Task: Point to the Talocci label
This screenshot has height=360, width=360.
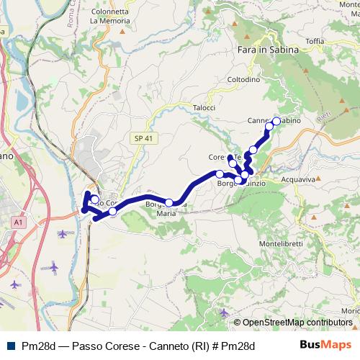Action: click(204, 107)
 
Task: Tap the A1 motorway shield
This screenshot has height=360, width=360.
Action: click(17, 224)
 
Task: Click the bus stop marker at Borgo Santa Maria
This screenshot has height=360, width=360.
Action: click(169, 203)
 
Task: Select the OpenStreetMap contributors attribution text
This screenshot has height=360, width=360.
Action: click(296, 323)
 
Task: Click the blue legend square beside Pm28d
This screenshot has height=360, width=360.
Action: click(9, 346)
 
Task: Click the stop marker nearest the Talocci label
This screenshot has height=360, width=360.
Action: click(220, 174)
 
